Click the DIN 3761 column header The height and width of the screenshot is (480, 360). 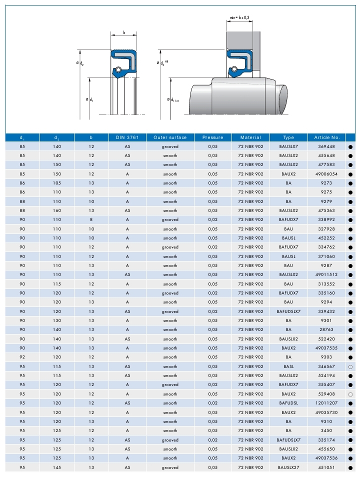point(127,137)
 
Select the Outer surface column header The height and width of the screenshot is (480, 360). point(170,137)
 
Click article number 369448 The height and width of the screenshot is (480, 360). point(326,146)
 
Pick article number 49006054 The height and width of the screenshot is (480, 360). point(326,174)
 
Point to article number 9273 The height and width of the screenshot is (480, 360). point(326,183)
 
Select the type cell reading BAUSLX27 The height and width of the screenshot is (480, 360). point(288,467)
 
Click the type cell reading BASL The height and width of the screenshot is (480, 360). point(288,366)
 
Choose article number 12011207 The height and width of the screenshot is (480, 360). point(326,403)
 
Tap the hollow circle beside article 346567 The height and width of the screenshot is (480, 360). point(350,367)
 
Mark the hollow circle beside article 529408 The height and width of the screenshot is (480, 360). point(350,394)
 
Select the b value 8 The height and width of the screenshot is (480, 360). point(91,220)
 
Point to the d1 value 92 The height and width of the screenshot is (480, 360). point(22,357)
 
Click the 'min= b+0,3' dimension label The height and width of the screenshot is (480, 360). point(239,18)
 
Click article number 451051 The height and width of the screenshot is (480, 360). point(326,467)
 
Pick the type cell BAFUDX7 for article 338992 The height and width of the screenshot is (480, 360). point(288,220)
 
